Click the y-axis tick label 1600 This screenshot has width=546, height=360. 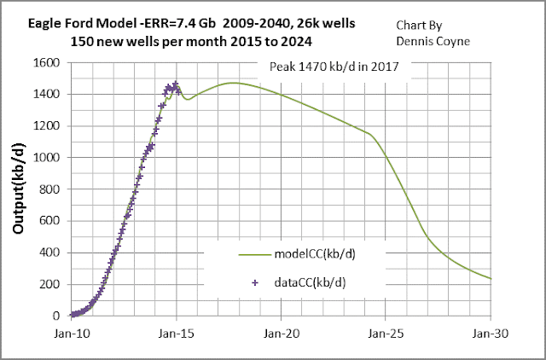pyautogui.click(x=47, y=63)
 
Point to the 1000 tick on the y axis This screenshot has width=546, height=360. pyautogui.click(x=47, y=158)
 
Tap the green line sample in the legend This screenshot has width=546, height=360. pyautogui.click(x=253, y=254)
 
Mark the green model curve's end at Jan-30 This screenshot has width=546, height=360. pyautogui.click(x=491, y=278)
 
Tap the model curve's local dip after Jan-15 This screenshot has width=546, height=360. pyautogui.click(x=189, y=99)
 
